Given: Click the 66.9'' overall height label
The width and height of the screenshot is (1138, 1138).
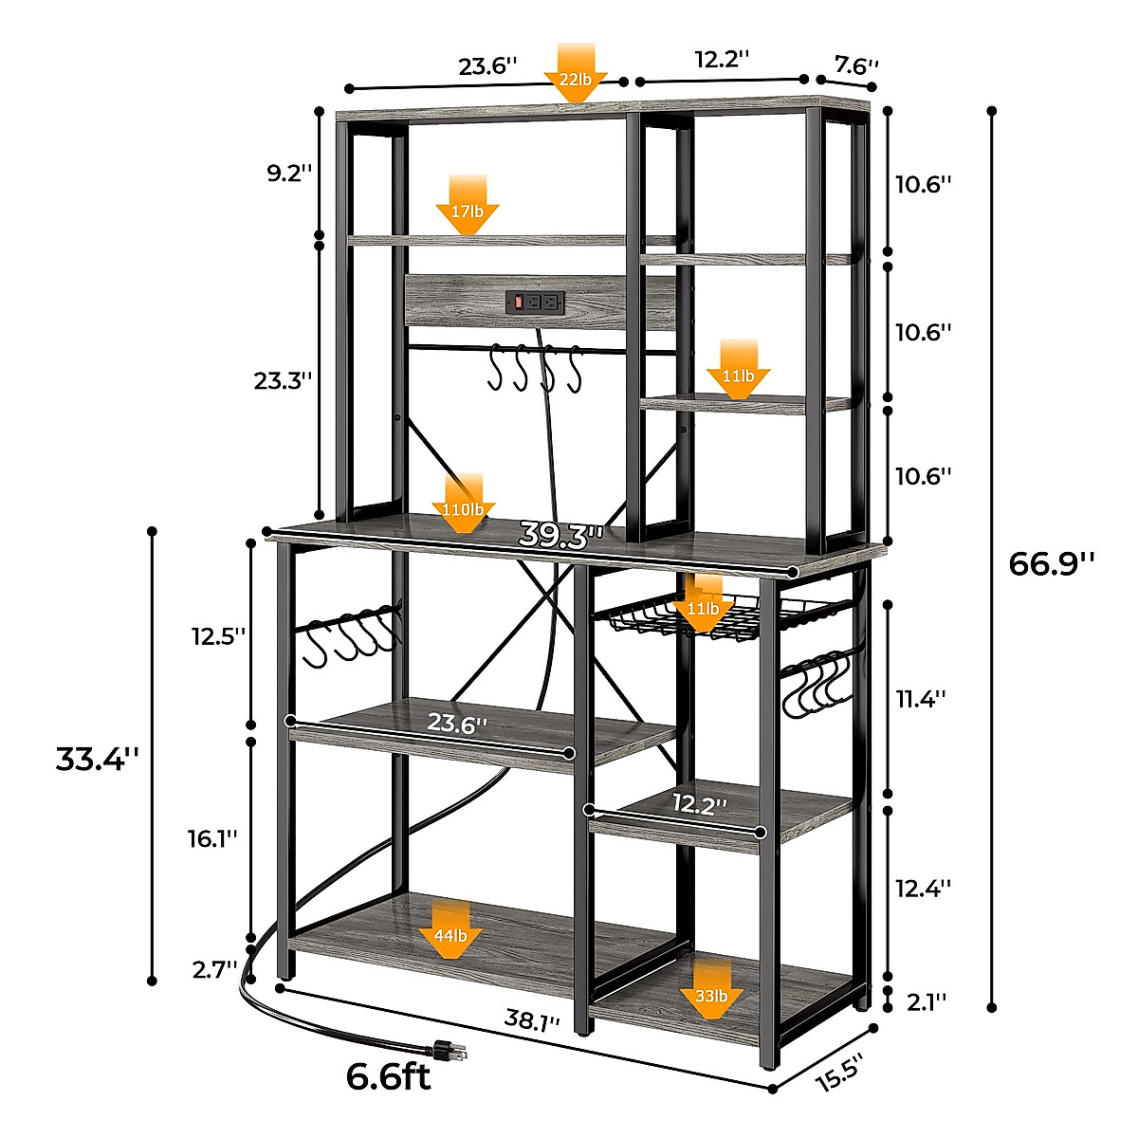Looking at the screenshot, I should click(x=1051, y=563).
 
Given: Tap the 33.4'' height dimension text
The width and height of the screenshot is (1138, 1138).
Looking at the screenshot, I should click(x=97, y=759).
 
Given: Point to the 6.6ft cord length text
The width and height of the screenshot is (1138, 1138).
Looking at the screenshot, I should click(x=388, y=1076).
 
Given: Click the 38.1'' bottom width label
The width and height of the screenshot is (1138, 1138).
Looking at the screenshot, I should click(x=532, y=1021).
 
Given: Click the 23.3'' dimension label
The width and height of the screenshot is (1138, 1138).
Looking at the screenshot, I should click(x=283, y=380).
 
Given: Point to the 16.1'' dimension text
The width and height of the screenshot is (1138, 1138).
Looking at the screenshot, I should click(x=211, y=837).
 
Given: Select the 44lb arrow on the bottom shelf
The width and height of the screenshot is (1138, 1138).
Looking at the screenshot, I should click(x=450, y=930).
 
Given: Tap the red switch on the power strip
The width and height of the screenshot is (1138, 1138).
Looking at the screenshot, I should click(x=518, y=303).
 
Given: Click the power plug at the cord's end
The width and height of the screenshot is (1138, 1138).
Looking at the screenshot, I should click(x=448, y=1049).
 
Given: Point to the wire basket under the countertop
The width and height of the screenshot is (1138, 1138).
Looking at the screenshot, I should click(x=683, y=616).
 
